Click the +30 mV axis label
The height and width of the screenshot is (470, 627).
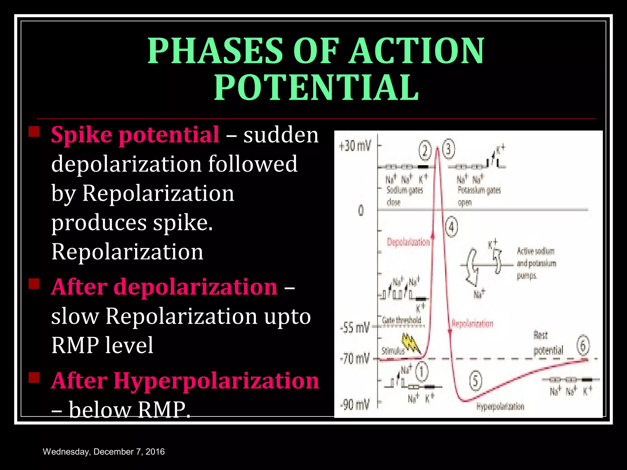point(355,146)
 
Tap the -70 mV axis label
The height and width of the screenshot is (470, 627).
point(355,358)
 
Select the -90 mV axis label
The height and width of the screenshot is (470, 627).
point(355,405)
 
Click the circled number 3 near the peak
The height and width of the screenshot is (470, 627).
point(449,150)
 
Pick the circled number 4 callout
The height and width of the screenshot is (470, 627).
point(451,227)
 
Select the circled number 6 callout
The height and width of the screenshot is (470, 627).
point(583,345)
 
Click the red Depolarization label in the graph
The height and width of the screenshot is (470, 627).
point(408,242)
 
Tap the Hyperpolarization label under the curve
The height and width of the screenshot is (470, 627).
point(500,406)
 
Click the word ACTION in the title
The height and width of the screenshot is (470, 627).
point(417,50)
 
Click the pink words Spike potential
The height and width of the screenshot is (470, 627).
point(135,135)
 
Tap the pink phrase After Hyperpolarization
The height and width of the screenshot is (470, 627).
point(185,381)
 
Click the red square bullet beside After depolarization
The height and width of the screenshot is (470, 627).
point(34,284)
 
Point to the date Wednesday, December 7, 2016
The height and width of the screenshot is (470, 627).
point(104,452)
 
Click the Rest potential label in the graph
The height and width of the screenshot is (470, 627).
point(548,343)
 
